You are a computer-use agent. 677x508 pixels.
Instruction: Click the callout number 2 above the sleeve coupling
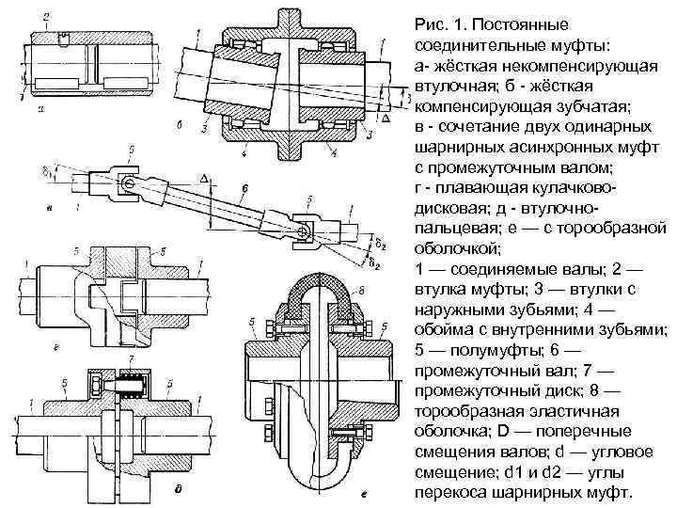(47, 17)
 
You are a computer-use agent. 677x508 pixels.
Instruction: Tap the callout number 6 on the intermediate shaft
(243, 189)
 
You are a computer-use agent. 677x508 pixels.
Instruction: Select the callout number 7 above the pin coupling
(133, 361)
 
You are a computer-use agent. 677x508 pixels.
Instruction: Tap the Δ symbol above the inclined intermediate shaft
(204, 178)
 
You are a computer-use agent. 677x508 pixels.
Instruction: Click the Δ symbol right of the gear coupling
(386, 120)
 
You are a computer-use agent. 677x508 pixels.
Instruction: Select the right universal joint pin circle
(302, 231)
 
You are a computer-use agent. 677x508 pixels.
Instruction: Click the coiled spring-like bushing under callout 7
(133, 385)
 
